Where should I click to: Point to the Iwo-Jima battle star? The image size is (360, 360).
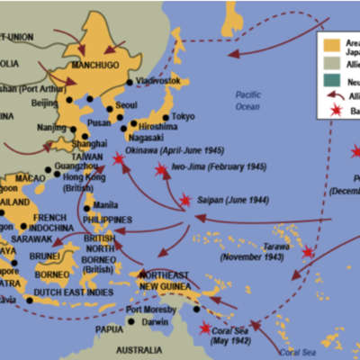point(161,169)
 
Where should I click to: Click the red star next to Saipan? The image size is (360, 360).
point(185,200)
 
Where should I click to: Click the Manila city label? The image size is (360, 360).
point(105,204)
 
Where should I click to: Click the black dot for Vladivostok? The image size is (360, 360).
point(130,83)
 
